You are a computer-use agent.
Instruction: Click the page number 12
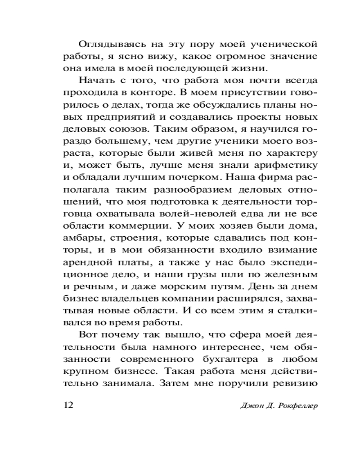coord(66,405)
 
